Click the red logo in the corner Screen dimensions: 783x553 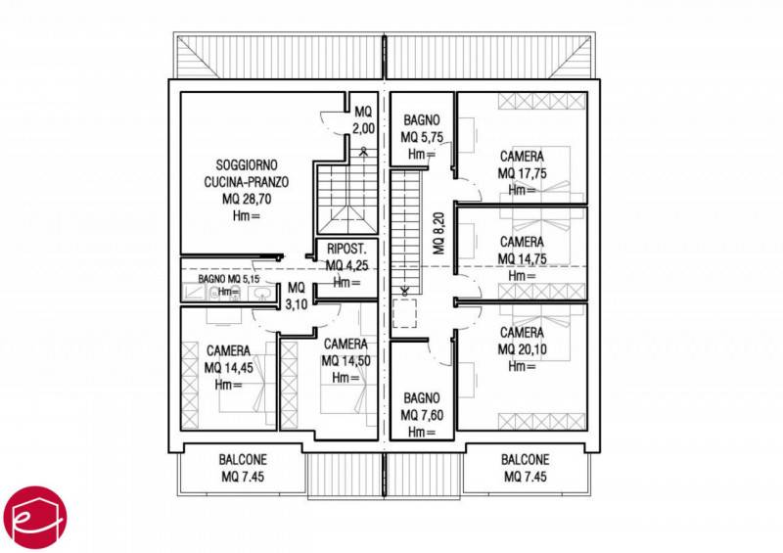point(34,517)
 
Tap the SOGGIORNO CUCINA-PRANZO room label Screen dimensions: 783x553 point(247,173)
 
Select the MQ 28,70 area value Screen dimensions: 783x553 point(247,199)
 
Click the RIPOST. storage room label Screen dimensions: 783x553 point(346,249)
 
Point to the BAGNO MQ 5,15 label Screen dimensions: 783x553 point(229,279)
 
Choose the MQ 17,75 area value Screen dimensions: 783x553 point(522,173)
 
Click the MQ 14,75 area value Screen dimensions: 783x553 point(522,258)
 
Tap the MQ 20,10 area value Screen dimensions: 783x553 point(522,349)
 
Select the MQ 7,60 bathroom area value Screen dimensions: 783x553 point(422,415)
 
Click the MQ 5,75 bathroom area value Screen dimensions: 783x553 point(422,137)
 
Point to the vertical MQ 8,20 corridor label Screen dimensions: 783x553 point(438,233)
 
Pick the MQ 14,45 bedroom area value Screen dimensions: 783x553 point(229,368)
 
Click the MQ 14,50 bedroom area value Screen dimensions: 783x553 point(346,361)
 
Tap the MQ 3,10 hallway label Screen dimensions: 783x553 point(297,296)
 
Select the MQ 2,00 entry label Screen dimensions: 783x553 point(363,119)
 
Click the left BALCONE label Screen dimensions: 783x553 point(243,468)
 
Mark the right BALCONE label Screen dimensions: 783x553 point(526,468)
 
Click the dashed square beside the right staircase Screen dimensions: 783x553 point(405,313)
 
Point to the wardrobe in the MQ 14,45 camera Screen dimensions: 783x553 point(190,386)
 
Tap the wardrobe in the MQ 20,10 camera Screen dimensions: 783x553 point(541,422)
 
